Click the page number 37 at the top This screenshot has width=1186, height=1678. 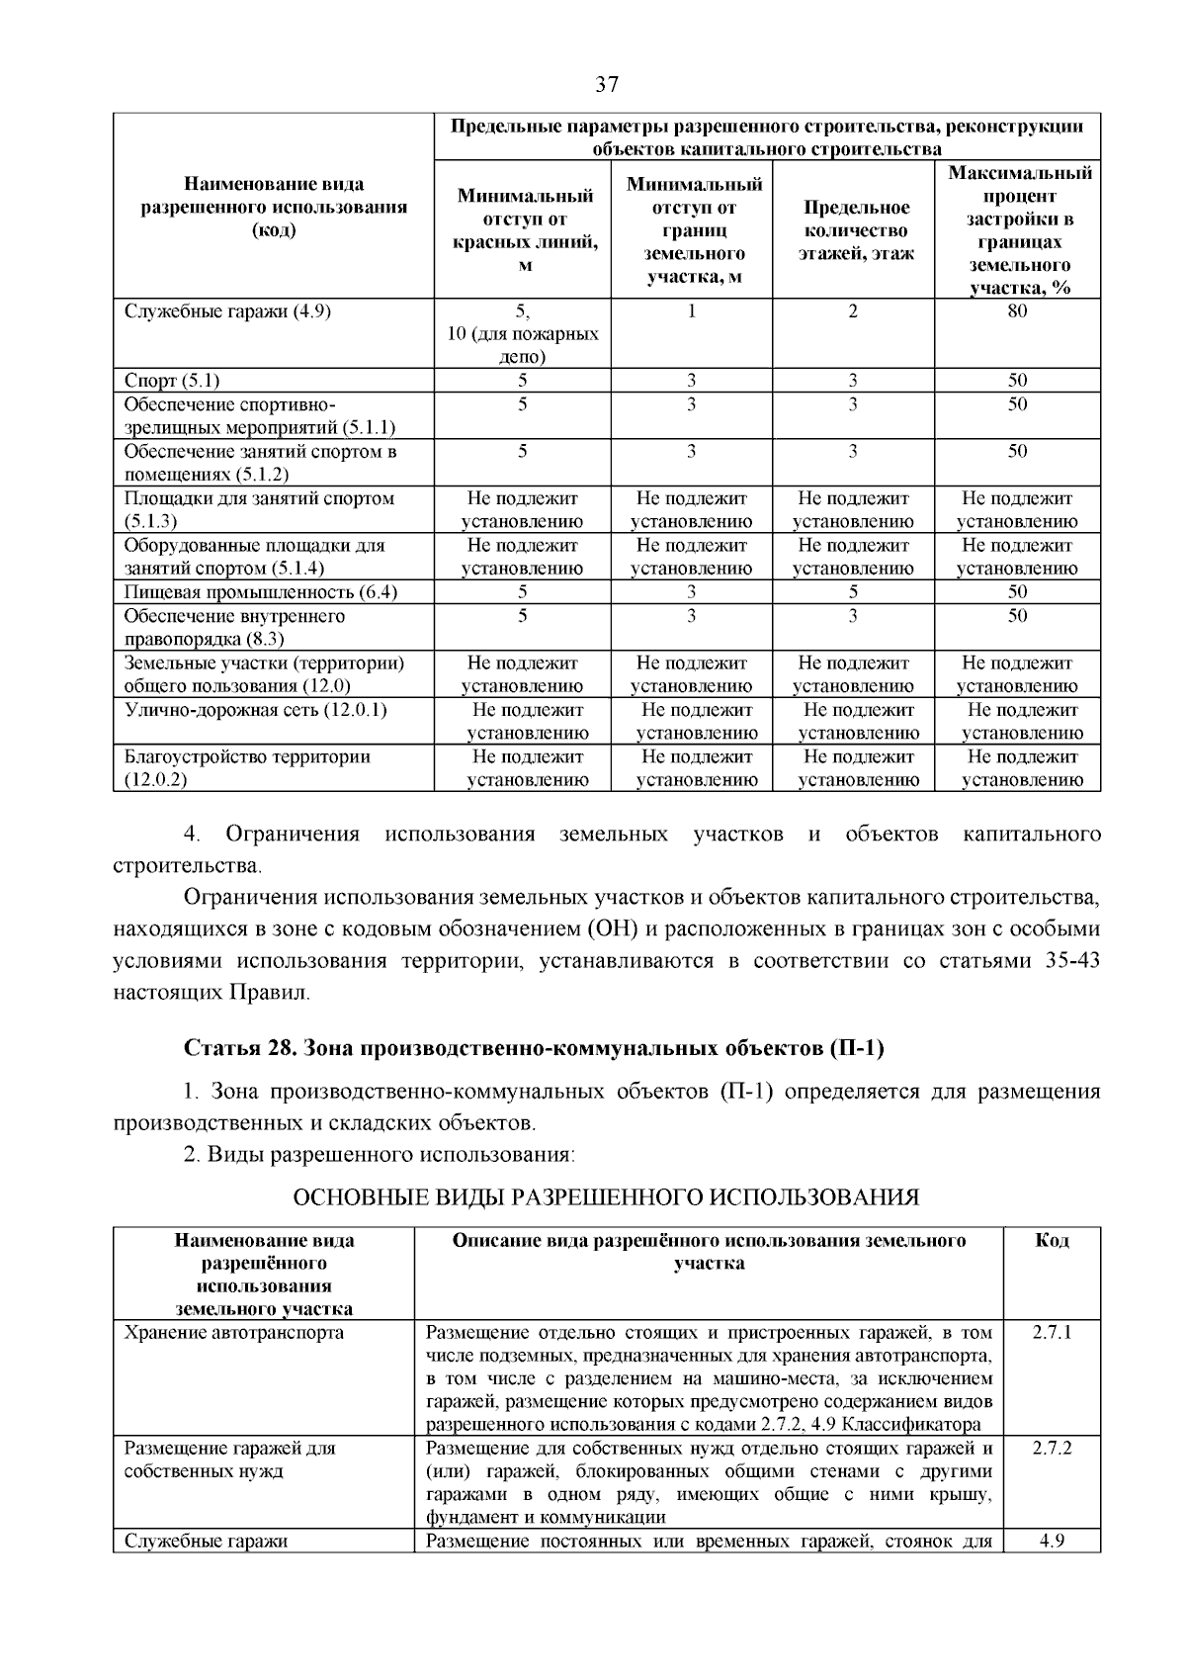[606, 85]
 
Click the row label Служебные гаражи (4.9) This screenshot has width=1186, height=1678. [227, 311]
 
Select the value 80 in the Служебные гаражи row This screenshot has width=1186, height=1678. [1017, 311]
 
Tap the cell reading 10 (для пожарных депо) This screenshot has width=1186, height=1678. [523, 345]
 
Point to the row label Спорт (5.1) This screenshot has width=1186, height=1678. [172, 381]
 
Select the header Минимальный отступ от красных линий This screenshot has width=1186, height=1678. [525, 230]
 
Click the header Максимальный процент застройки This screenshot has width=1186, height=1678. [1019, 230]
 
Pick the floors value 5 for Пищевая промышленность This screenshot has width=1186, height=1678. [853, 592]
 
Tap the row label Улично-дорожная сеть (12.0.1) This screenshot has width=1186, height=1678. [255, 710]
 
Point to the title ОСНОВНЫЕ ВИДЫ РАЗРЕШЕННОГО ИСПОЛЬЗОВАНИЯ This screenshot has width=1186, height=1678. [607, 1197]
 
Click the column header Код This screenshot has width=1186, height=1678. [1052, 1240]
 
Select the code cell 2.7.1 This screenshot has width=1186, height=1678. [1052, 1333]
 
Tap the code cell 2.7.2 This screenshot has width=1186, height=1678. [1052, 1448]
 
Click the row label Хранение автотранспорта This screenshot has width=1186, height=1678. [233, 1333]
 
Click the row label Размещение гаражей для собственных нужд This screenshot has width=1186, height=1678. [229, 1459]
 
